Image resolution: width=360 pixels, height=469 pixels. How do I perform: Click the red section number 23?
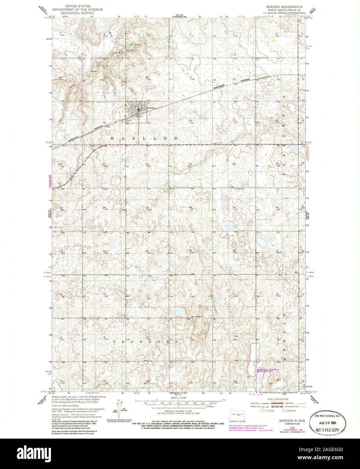[190, 164]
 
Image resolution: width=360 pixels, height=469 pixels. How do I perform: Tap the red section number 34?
[147, 251]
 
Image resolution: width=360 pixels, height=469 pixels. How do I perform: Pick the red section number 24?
[234, 164]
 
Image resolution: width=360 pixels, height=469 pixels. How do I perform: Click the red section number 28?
[104, 208]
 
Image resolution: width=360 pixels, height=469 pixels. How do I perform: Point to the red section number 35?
[190, 251]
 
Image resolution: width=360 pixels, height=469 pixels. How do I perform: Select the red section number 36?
[234, 251]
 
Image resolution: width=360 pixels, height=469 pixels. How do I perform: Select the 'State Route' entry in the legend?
[290, 411]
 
